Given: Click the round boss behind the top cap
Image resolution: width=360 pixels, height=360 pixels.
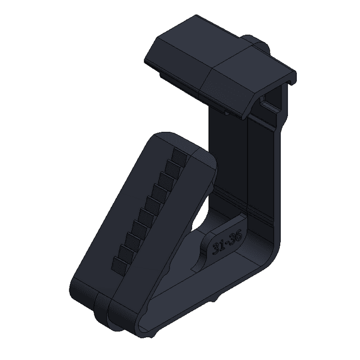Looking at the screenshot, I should [x=256, y=43].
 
